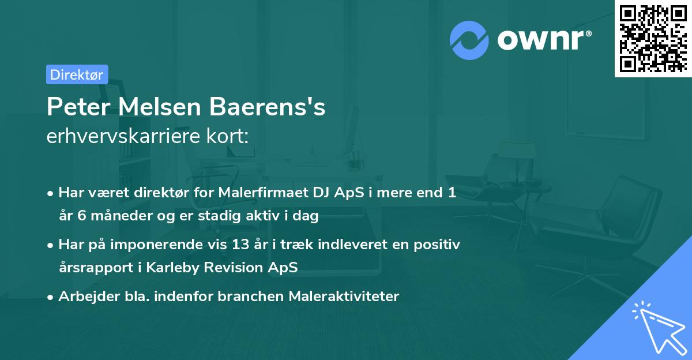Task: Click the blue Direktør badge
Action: pyautogui.click(x=77, y=74)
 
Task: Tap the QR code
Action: pyautogui.click(x=652, y=38)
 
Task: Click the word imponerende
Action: pyautogui.click(x=171, y=245)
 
